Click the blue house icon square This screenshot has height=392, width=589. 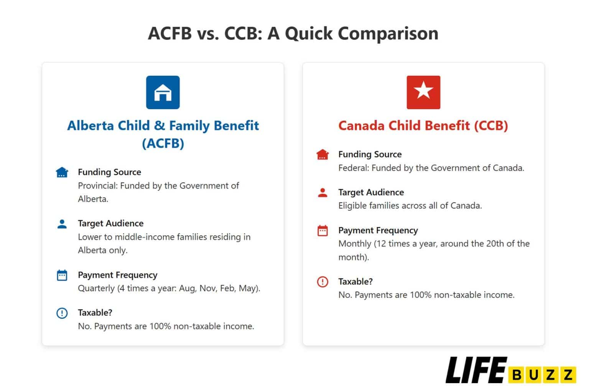(x=163, y=92)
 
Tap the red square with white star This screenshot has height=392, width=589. (x=423, y=92)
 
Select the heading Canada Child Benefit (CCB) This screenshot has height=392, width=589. (x=423, y=126)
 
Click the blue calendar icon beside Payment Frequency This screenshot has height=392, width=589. (x=62, y=275)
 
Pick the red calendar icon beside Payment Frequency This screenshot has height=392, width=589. (x=322, y=230)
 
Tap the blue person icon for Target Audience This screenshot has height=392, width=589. (x=62, y=224)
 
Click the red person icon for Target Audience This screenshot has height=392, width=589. (x=322, y=193)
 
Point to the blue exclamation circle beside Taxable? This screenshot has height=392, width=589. (x=62, y=313)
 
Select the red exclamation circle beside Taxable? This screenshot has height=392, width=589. (x=322, y=282)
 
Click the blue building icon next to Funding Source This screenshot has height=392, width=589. (x=62, y=172)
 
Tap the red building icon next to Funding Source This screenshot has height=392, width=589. (x=322, y=155)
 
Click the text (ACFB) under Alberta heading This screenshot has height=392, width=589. (x=163, y=144)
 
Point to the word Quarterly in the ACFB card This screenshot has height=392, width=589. (x=96, y=288)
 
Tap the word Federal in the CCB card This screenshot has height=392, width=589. (x=352, y=168)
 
